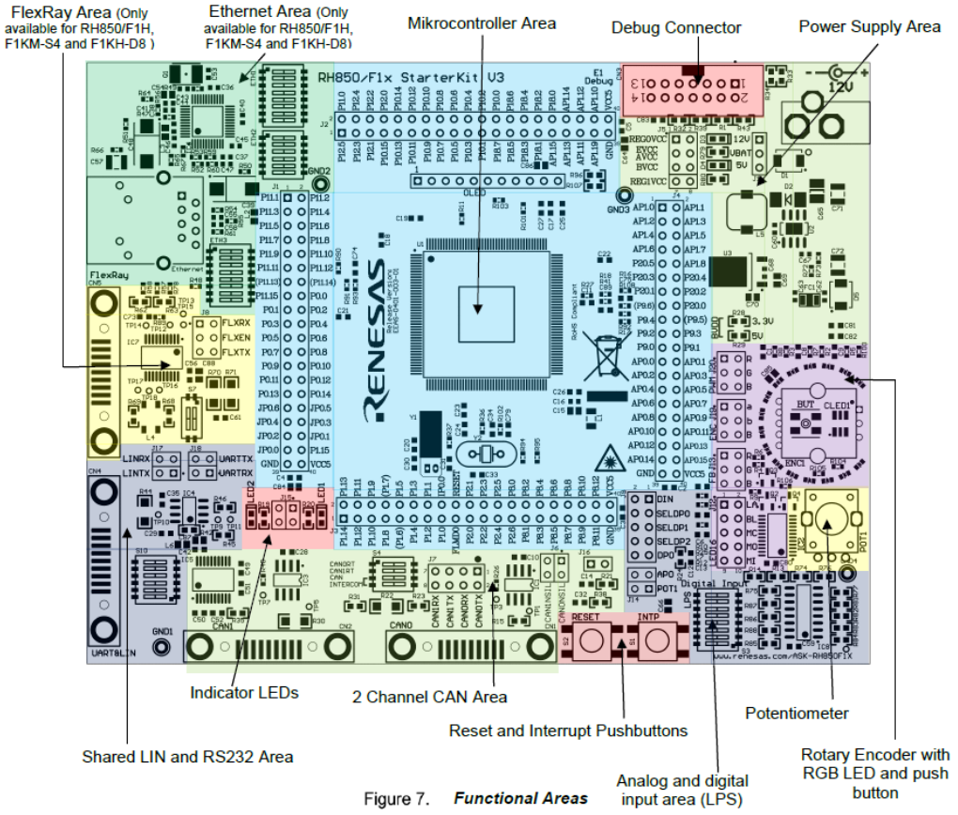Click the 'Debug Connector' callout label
pyautogui.click(x=676, y=28)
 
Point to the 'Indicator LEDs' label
pyautogui.click(x=244, y=693)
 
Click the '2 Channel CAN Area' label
pyautogui.click(x=430, y=697)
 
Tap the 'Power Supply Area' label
pyautogui.click(x=870, y=26)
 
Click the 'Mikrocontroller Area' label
pyautogui.click(x=482, y=23)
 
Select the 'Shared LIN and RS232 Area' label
pyautogui.click(x=188, y=757)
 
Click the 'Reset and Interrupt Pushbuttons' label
pyautogui.click(x=568, y=730)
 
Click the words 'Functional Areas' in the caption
pyautogui.click(x=520, y=799)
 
